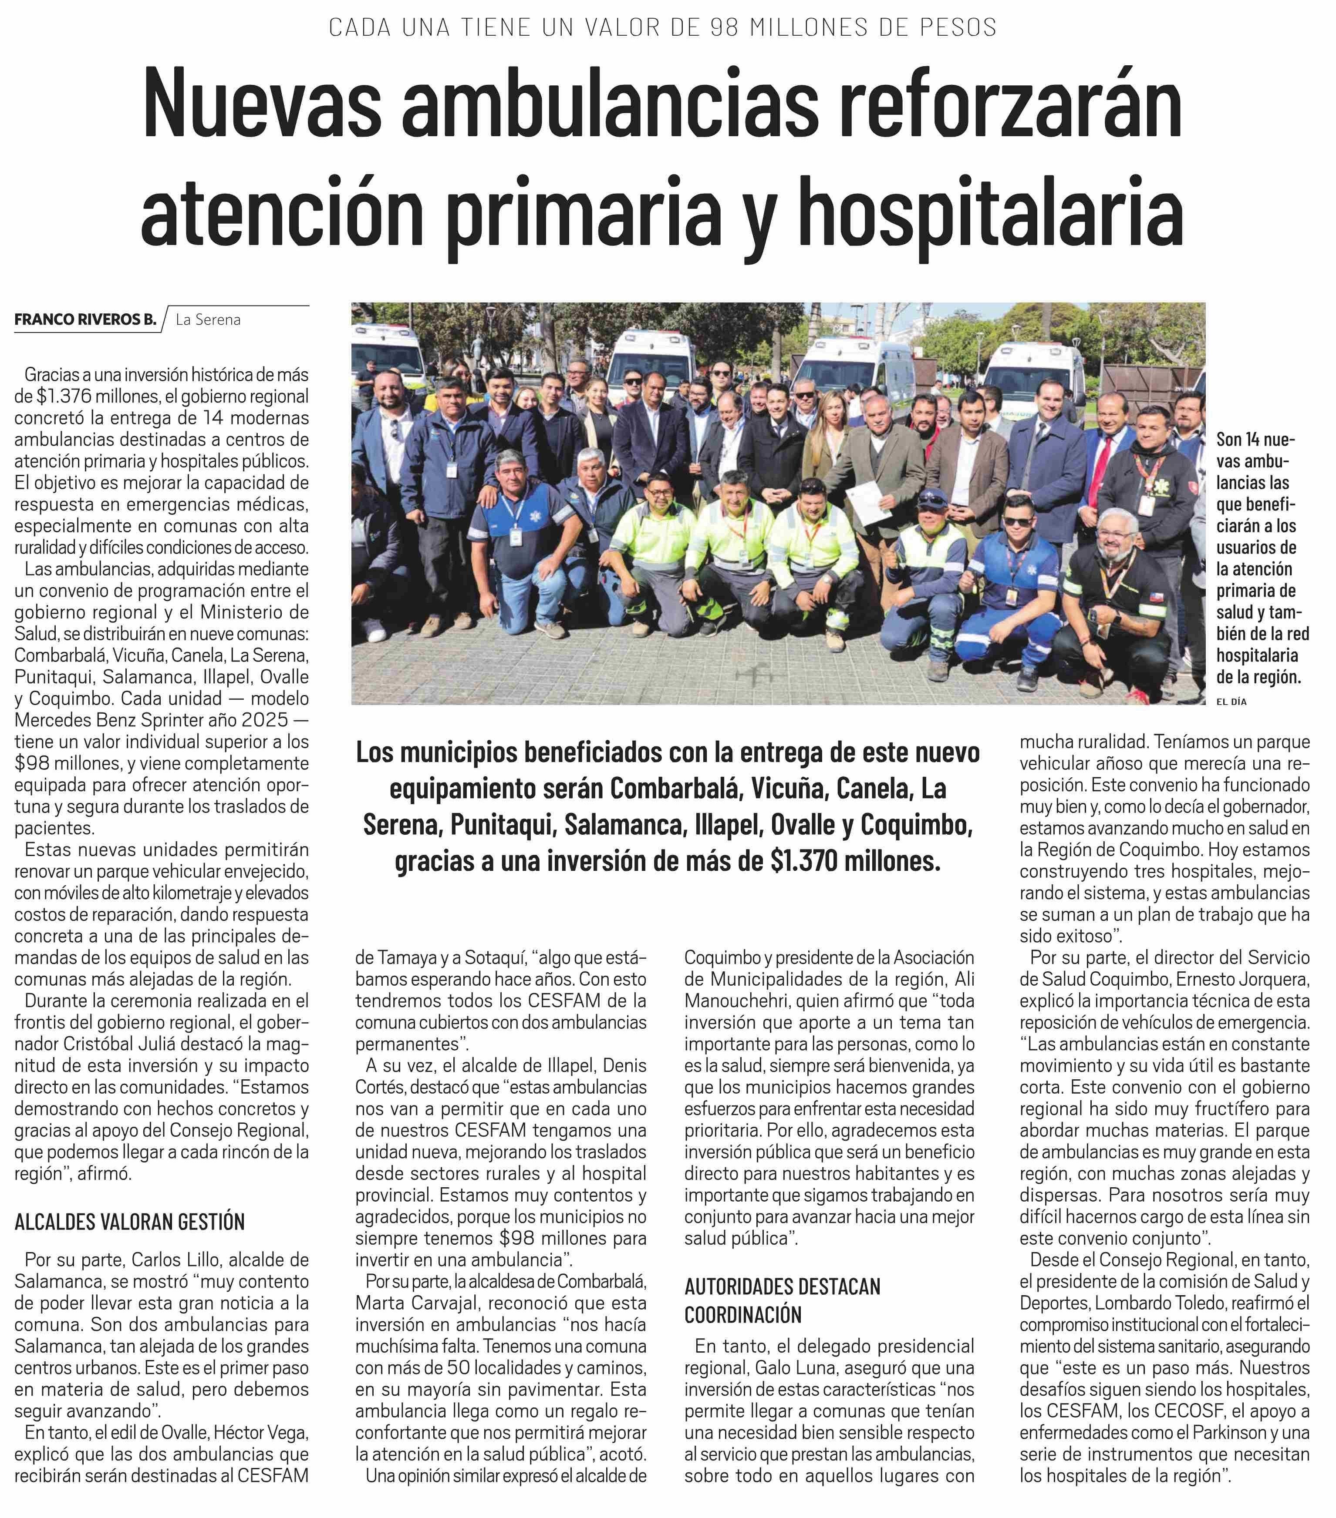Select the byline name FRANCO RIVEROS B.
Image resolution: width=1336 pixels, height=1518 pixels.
85,319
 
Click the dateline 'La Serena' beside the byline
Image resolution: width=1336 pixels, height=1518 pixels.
208,320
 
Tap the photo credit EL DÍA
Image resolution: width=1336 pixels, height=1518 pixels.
1231,701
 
